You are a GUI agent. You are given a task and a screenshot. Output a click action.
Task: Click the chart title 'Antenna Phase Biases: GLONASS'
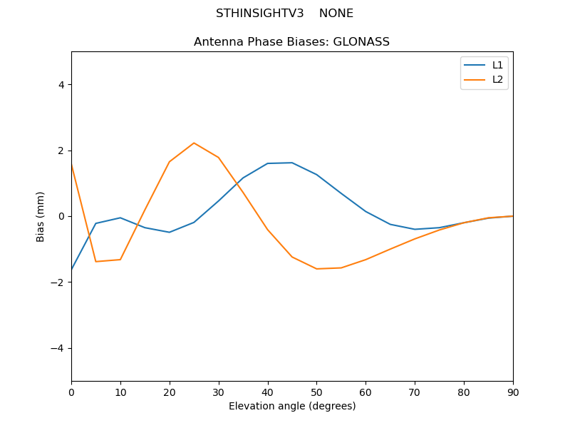click(291, 42)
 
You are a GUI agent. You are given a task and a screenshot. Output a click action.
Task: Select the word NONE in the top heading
click(336, 14)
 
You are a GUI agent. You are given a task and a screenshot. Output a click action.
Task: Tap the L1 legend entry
click(497, 65)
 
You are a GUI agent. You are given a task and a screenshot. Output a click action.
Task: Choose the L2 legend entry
click(497, 79)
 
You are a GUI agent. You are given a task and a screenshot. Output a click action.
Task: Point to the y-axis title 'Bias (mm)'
click(41, 216)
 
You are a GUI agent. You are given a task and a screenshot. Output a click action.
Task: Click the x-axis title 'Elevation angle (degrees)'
click(291, 406)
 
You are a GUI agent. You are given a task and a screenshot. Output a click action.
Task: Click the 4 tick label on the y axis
click(61, 85)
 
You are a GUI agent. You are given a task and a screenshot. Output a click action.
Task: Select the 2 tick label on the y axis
click(61, 151)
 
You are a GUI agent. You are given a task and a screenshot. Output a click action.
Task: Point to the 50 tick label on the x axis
click(316, 392)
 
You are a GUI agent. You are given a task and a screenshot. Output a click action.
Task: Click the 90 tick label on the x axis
click(512, 392)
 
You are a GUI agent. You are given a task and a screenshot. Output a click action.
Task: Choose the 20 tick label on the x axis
click(170, 392)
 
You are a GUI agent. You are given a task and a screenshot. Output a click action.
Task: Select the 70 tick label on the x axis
click(415, 392)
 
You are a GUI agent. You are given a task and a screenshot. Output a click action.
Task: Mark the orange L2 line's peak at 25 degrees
click(194, 143)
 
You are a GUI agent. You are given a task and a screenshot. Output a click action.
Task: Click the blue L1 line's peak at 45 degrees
click(292, 163)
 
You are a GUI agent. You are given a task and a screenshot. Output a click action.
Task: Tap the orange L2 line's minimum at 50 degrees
click(316, 269)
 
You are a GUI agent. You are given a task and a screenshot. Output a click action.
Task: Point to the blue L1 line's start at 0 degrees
click(72, 270)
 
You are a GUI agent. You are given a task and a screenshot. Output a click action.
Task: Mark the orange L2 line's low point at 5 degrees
click(96, 261)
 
